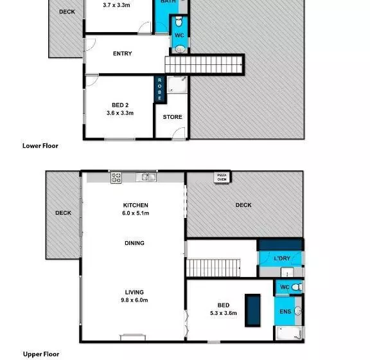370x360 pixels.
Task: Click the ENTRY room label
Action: pos(122,53)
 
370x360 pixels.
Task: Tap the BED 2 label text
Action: pos(119,104)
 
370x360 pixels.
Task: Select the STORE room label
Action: pos(172,117)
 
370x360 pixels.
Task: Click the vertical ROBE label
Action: pos(159,89)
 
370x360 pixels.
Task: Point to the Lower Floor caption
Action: pos(40,146)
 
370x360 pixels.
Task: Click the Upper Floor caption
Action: pos(41,354)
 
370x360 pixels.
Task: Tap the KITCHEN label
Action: pos(136,206)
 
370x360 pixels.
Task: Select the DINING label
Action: pos(134,243)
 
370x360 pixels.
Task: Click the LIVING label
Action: pos(134,292)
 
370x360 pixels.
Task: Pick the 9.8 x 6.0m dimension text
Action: pos(134,300)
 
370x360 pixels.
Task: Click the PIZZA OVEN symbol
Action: pos(222,177)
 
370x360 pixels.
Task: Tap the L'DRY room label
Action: pos(283,258)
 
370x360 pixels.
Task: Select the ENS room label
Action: pos(285,312)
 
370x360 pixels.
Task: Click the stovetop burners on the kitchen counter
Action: pos(116,177)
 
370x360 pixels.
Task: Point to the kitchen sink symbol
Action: pos(148,177)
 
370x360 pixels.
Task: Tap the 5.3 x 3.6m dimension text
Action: pos(223,314)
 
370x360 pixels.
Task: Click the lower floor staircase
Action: pos(205,64)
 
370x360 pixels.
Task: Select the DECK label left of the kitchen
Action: pos(63,213)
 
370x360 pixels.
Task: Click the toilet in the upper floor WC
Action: pos(295,287)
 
